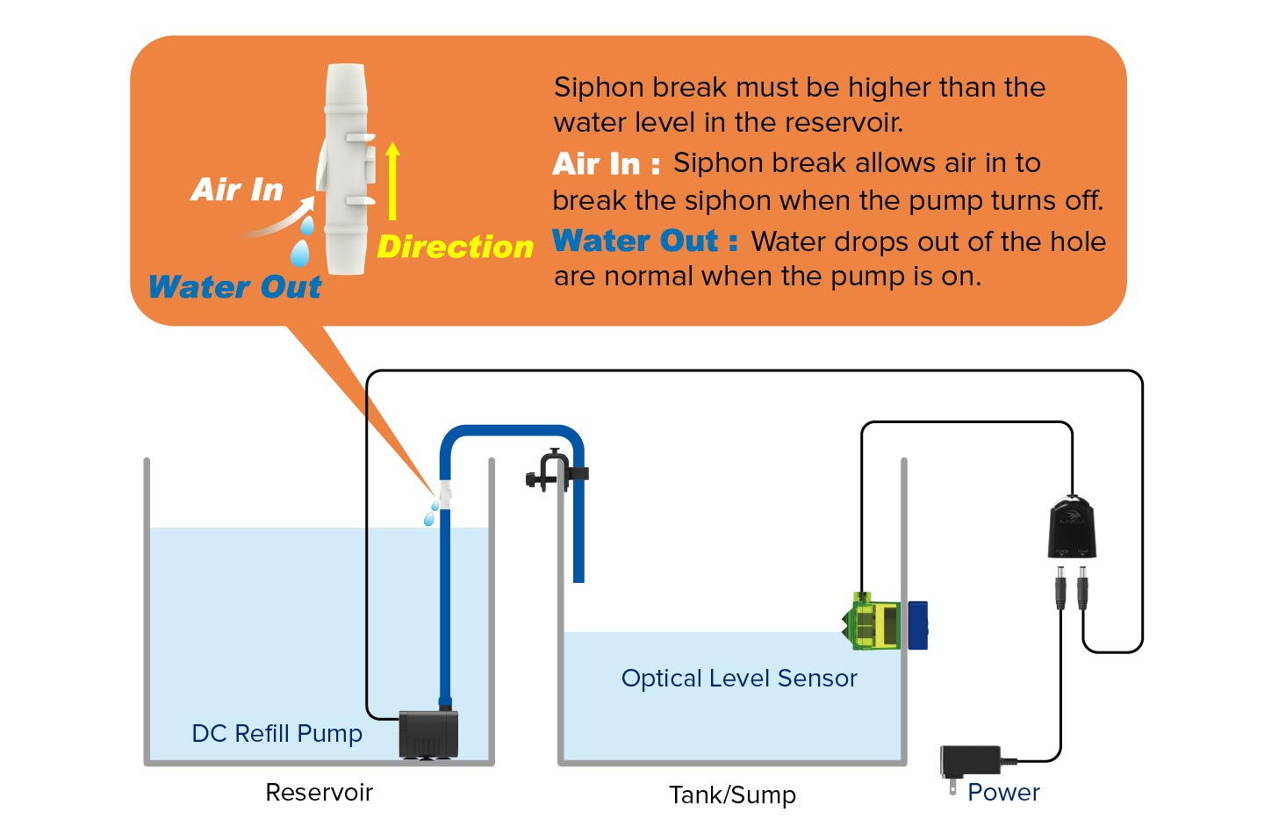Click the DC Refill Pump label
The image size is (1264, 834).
pos(276,733)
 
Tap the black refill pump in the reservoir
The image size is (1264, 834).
pos(428,734)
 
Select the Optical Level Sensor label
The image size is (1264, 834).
pos(739,678)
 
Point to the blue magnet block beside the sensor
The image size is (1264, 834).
pos(917,625)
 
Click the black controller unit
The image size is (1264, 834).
pos(1072,528)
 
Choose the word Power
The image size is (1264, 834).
pos(1003,793)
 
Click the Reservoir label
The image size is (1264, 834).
pos(319,793)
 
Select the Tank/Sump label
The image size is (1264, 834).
pos(732,795)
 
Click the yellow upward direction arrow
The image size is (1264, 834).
pos(392,181)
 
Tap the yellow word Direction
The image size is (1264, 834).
pos(455,247)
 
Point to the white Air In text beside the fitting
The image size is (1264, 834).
pos(237,190)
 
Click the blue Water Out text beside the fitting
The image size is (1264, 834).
pos(235,287)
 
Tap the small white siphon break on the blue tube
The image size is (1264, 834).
pos(445,494)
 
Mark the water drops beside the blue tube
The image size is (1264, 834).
pos(431,514)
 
